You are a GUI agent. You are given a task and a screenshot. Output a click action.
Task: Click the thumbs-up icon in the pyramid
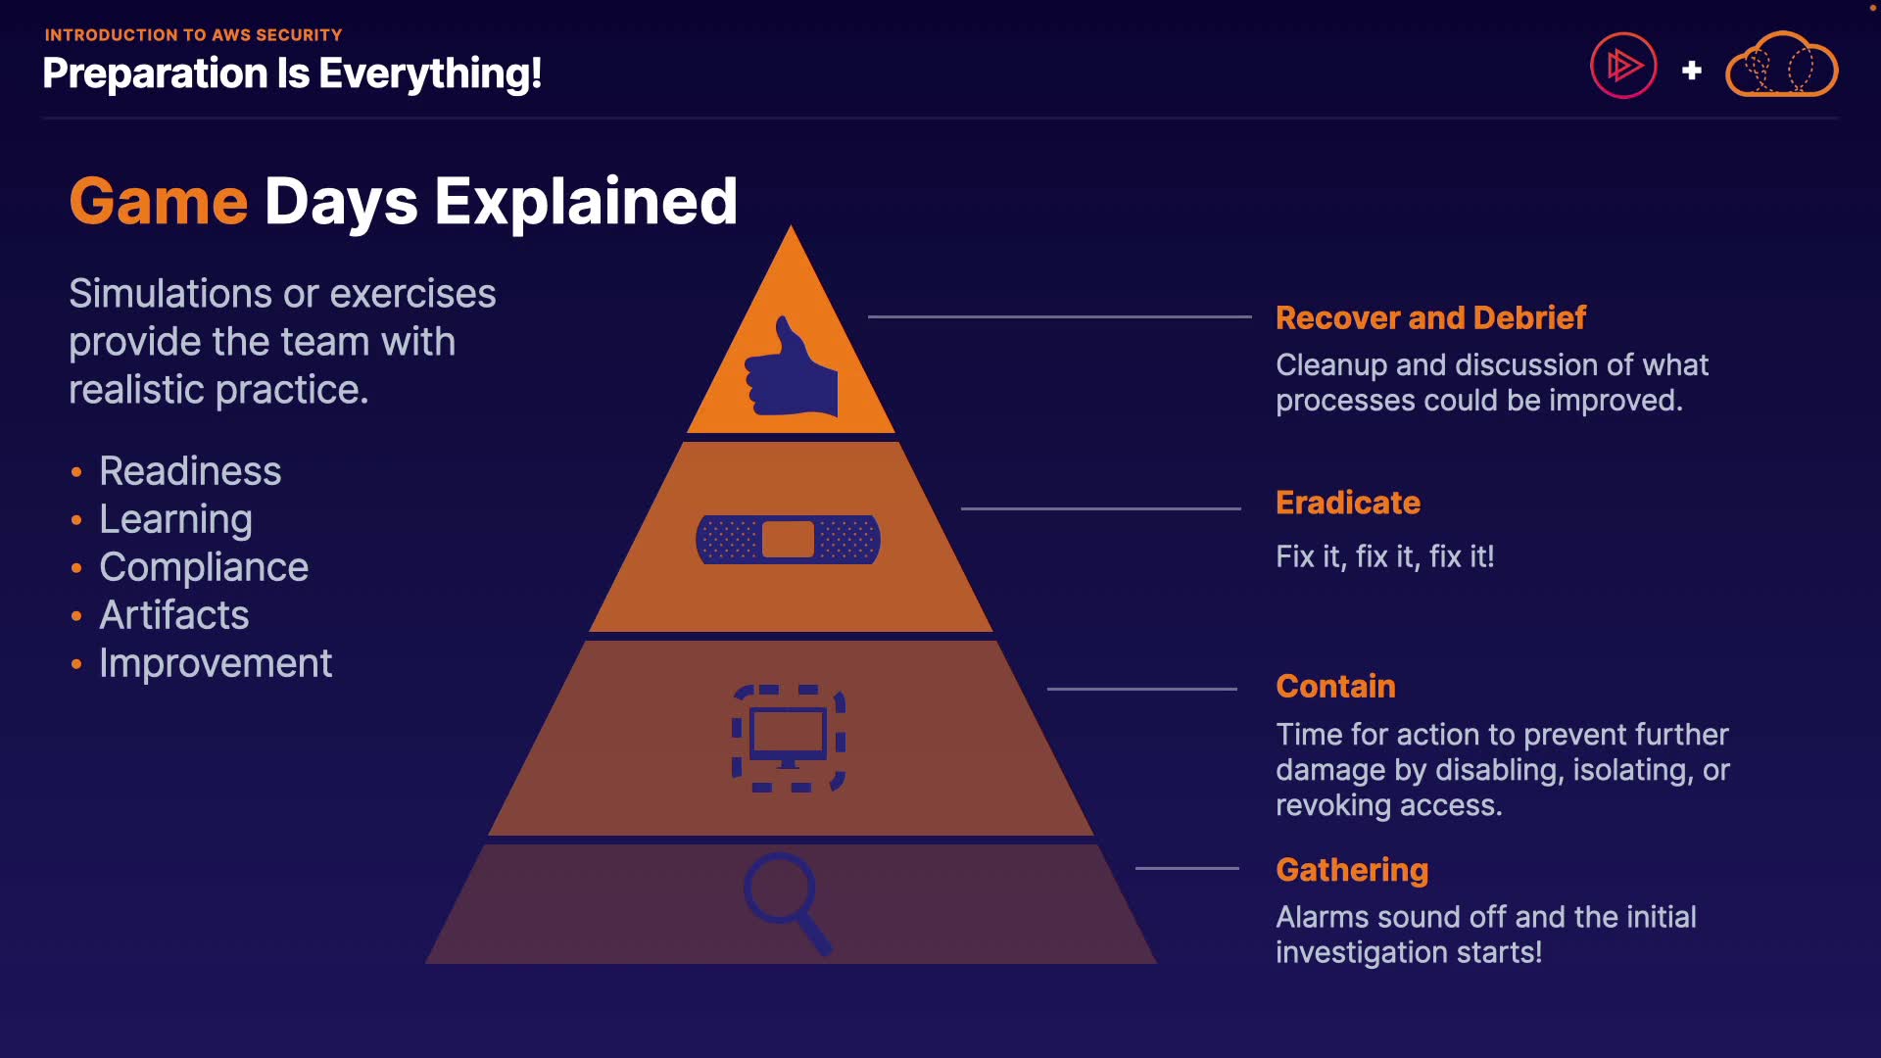tap(792, 368)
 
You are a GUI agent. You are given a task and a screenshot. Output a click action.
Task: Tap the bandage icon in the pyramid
tap(788, 539)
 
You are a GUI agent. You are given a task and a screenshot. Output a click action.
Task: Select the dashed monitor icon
tap(789, 739)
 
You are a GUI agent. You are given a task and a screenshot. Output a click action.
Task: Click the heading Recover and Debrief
tap(1430, 317)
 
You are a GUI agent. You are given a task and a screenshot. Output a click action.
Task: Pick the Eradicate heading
tap(1347, 503)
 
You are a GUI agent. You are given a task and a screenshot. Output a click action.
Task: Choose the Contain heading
tap(1335, 686)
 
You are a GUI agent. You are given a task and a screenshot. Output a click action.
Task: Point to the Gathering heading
tap(1352, 869)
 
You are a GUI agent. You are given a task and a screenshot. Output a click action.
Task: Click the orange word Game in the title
tap(159, 202)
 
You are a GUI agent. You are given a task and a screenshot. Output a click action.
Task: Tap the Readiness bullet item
tap(190, 471)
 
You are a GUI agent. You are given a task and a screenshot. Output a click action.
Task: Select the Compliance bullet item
tap(204, 567)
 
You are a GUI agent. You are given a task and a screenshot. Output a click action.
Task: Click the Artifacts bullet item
tap(174, 615)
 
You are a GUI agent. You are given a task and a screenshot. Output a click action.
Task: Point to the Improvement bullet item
tap(216, 663)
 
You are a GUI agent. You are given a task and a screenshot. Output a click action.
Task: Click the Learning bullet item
tap(175, 519)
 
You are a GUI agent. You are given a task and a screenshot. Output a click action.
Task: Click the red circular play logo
tap(1623, 66)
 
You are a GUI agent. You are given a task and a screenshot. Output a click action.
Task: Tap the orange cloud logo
tap(1781, 66)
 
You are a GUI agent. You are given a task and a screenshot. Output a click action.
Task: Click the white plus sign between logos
tap(1691, 71)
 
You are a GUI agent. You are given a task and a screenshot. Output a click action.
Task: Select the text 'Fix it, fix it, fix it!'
tap(1384, 556)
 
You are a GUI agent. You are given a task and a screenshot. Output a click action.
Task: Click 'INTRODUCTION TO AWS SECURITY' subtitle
tap(193, 35)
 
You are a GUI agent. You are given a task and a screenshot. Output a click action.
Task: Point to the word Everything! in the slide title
tap(430, 73)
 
